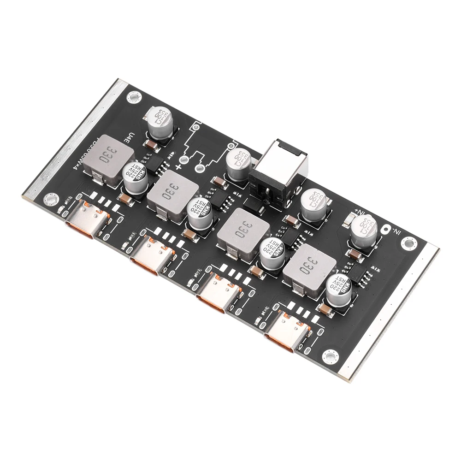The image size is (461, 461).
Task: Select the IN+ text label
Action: (361, 213)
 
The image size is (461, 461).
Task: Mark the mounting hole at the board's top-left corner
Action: (134, 96)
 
